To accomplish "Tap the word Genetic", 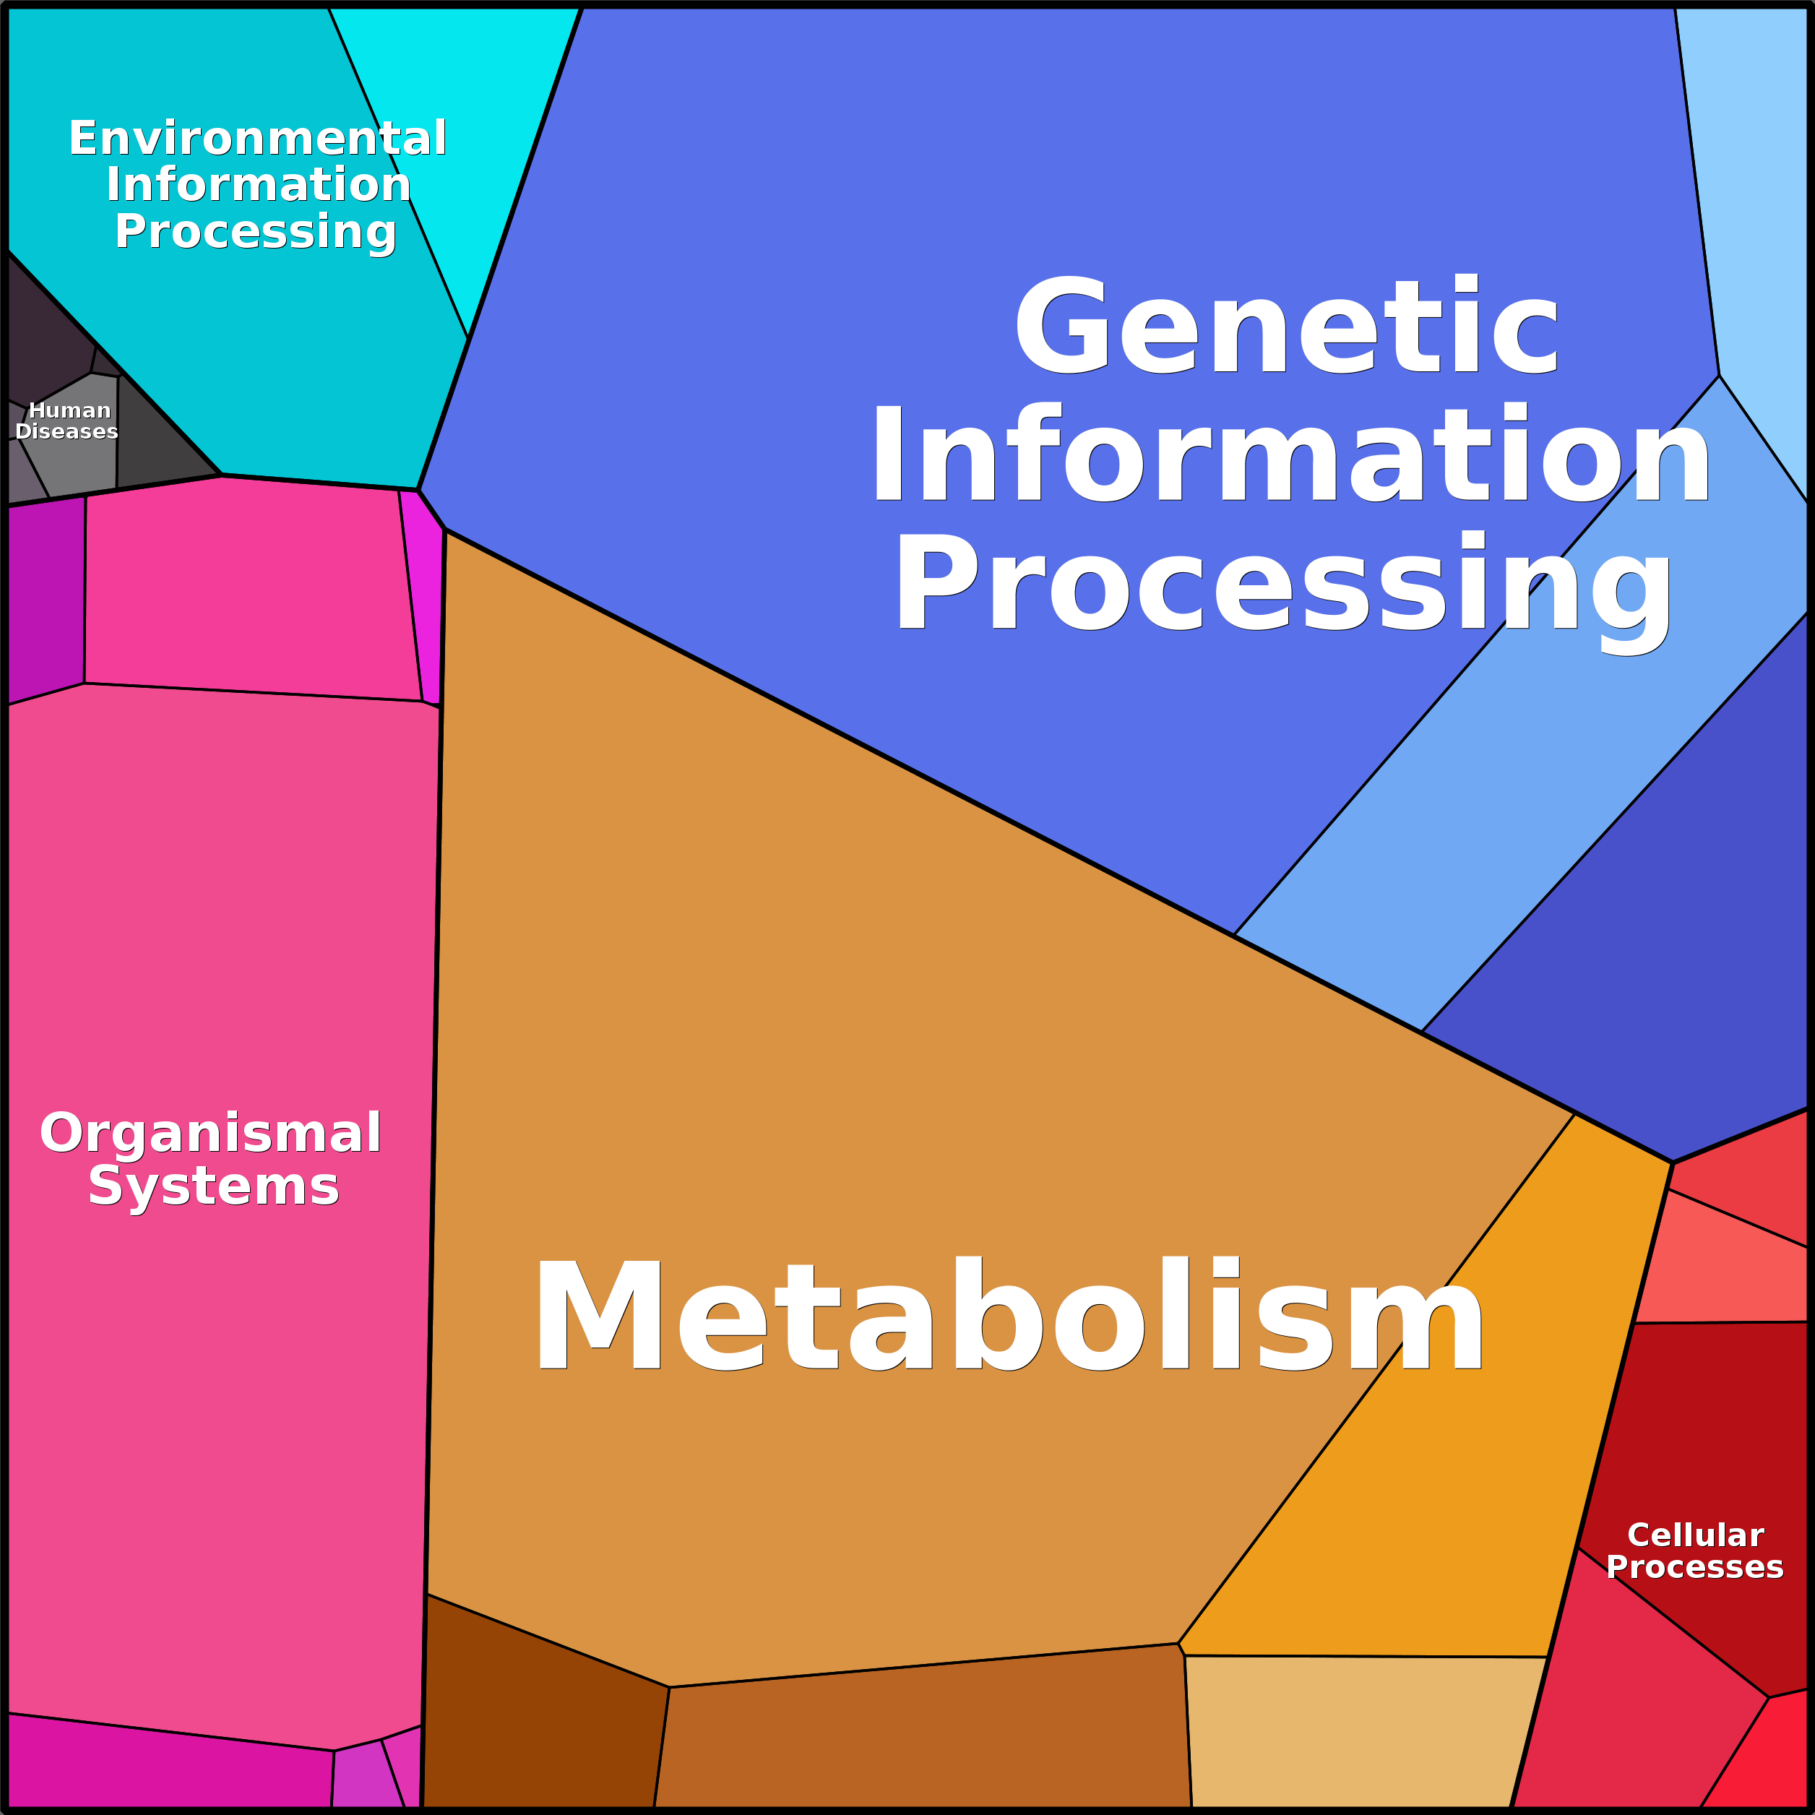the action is (1287, 325).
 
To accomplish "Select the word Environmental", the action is (257, 138).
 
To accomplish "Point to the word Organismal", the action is (210, 1132).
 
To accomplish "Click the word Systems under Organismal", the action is (213, 1186).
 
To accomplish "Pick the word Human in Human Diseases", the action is (69, 410).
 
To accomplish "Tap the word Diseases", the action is (66, 431).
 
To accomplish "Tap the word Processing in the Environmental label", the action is (256, 231).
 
